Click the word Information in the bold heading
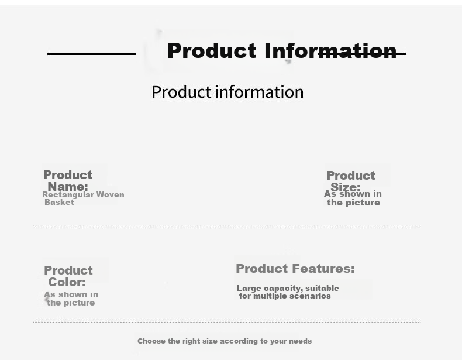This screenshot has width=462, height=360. point(330,51)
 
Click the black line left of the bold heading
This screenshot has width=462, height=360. point(91,54)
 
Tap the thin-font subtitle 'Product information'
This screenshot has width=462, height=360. point(227,92)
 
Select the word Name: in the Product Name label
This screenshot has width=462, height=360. point(68,187)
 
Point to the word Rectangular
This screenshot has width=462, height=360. point(68,194)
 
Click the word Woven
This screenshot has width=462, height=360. point(110,194)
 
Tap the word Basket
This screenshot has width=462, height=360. point(59,203)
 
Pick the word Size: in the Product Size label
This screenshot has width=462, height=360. point(345,187)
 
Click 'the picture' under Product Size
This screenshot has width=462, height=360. point(353,203)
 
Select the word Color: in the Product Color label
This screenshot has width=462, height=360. point(67,282)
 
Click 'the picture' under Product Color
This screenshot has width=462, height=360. point(71,303)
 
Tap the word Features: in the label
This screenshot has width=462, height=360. point(323,269)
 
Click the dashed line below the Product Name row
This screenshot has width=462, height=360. point(227,225)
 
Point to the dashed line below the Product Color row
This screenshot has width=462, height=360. point(227,322)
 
